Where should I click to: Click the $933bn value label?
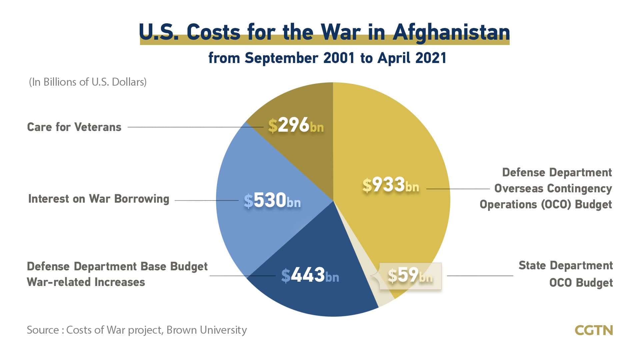coord(391,185)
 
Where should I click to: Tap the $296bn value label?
coord(296,126)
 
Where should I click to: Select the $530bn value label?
coord(272,201)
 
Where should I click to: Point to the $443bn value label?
coord(310,276)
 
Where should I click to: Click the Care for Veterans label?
coord(74,127)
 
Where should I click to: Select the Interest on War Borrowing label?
coord(99,199)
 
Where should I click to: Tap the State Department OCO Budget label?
coord(566,274)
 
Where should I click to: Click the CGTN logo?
coord(594,330)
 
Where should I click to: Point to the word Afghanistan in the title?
coord(451,32)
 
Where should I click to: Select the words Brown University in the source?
coord(207,330)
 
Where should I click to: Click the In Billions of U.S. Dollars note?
coord(88,82)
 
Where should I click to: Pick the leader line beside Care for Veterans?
coord(187,127)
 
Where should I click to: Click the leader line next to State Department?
coord(480,276)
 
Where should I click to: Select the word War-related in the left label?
coord(58,282)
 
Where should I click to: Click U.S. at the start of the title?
coord(159,32)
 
